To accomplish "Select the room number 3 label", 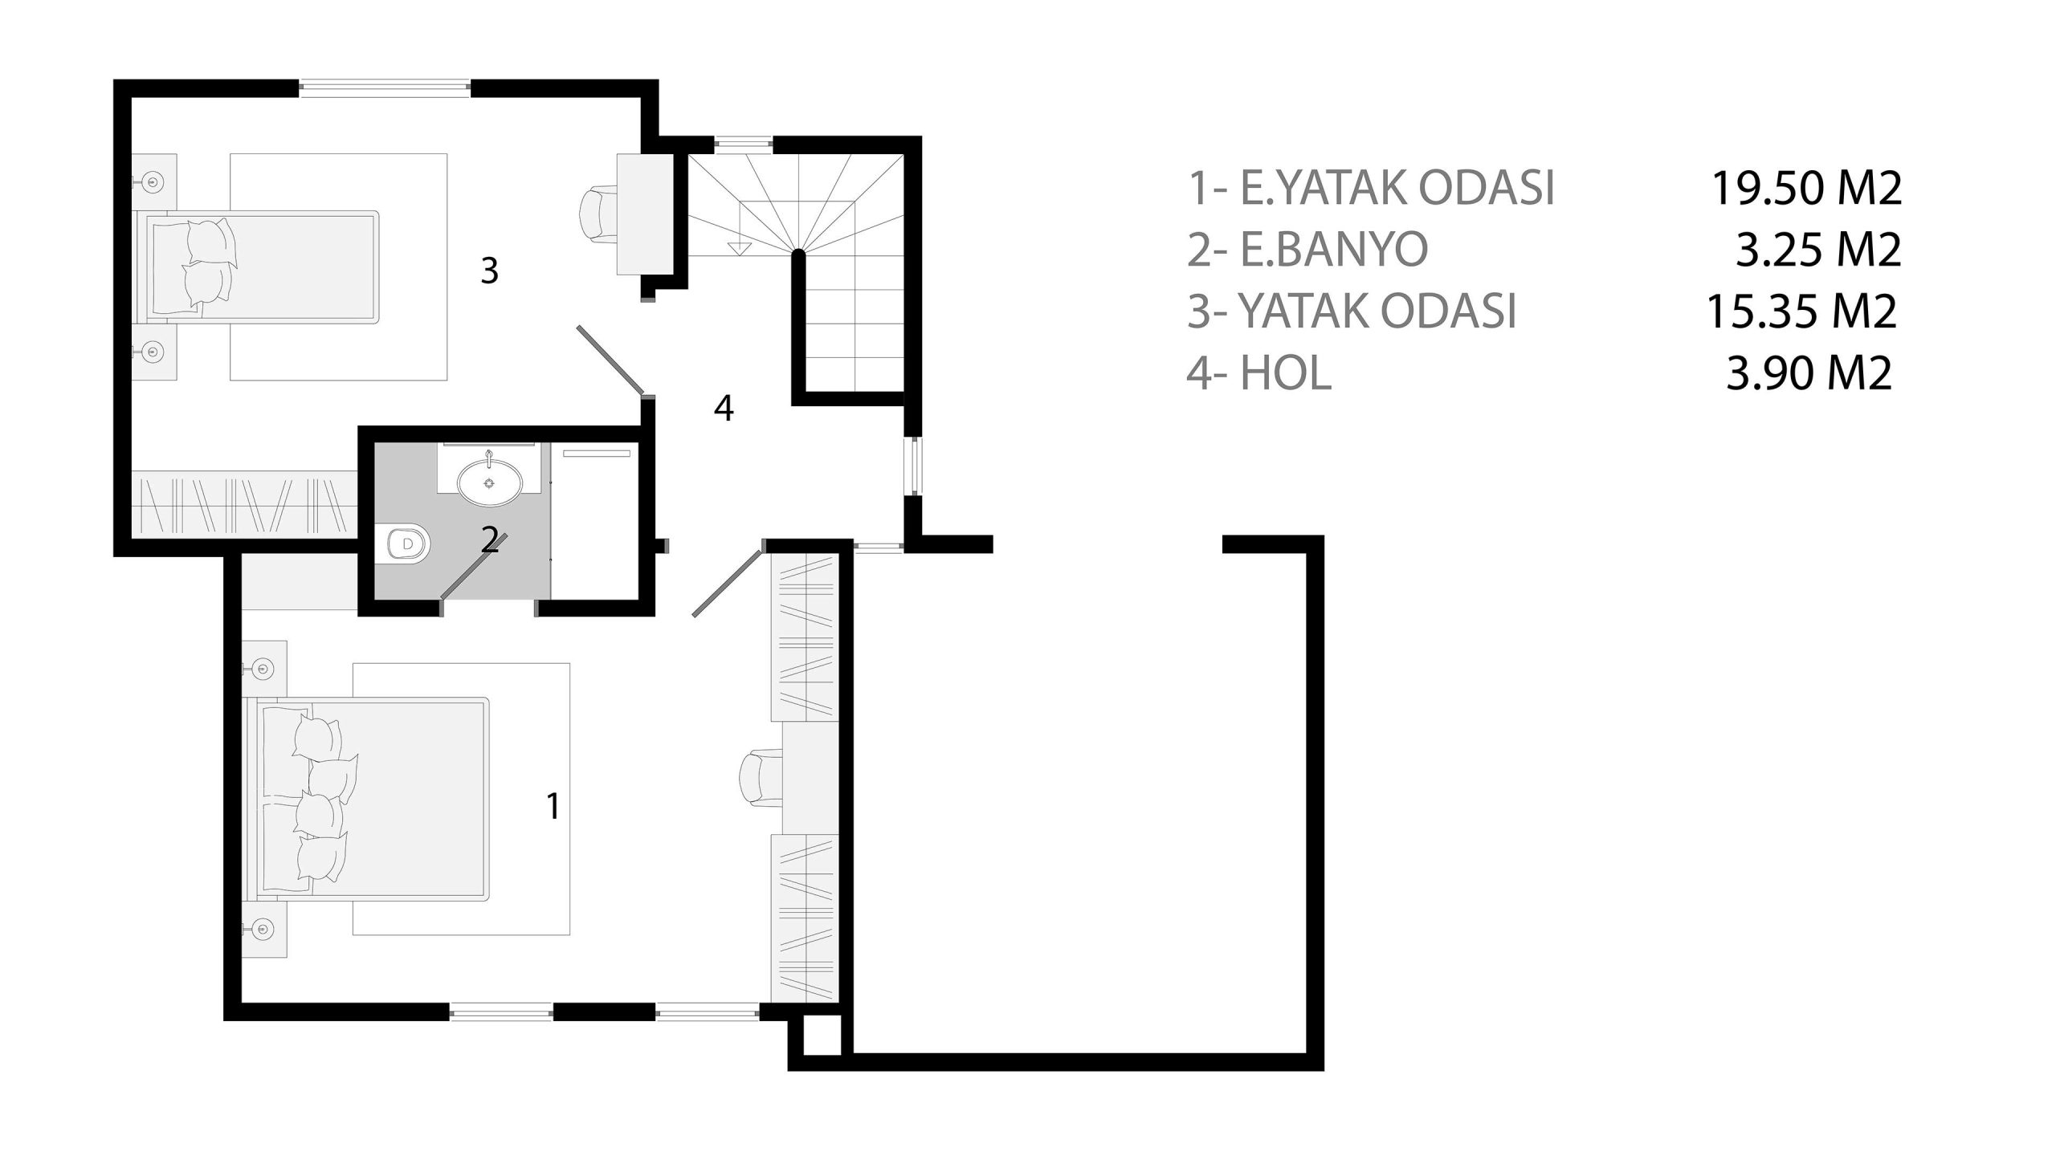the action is (x=489, y=271).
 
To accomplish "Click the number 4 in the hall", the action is (x=723, y=409).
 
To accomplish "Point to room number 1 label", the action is (x=553, y=806).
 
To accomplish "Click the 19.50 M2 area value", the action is (x=1807, y=189).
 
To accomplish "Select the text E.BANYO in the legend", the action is (x=1335, y=250).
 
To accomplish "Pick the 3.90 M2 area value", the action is (x=1809, y=373).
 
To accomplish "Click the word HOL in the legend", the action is (x=1287, y=373).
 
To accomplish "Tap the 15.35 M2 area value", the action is (x=1802, y=311).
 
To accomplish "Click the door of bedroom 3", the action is (x=610, y=360).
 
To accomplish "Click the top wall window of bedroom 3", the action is (x=385, y=88).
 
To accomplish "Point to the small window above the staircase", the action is (x=744, y=144).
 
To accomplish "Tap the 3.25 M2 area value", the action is (x=1818, y=250).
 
